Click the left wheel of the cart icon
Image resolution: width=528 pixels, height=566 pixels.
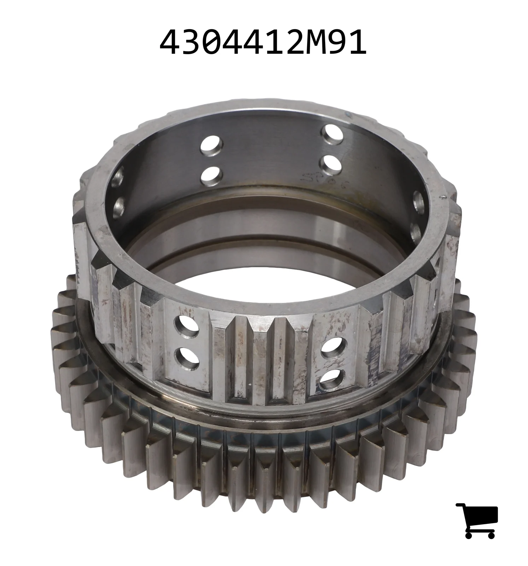[469, 535]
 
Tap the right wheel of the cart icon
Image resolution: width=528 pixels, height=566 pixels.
[491, 535]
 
